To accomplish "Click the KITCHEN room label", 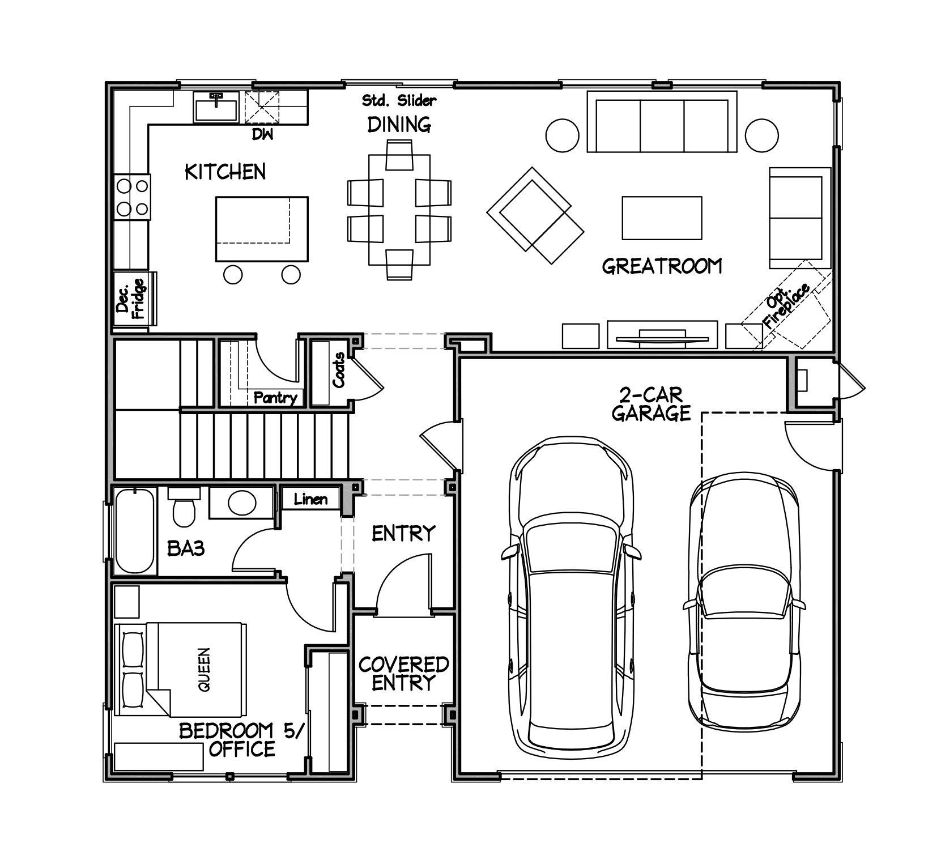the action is click(x=225, y=172).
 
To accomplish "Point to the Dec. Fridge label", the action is click(x=130, y=299).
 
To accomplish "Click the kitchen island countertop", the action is click(x=262, y=229).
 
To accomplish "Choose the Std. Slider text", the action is click(x=399, y=101).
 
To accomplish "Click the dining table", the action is click(x=399, y=210).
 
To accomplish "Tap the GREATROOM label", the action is click(x=662, y=266).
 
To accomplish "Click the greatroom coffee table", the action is click(x=662, y=218).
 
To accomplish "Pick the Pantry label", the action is click(x=275, y=398).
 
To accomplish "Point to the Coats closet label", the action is click(x=339, y=370).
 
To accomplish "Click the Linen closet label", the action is click(x=311, y=499).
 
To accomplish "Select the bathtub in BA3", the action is click(x=135, y=530).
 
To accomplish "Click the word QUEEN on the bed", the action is click(x=205, y=669).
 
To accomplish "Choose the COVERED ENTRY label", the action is click(x=403, y=673).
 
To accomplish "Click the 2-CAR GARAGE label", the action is click(x=651, y=403).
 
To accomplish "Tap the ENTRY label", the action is click(x=403, y=533).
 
